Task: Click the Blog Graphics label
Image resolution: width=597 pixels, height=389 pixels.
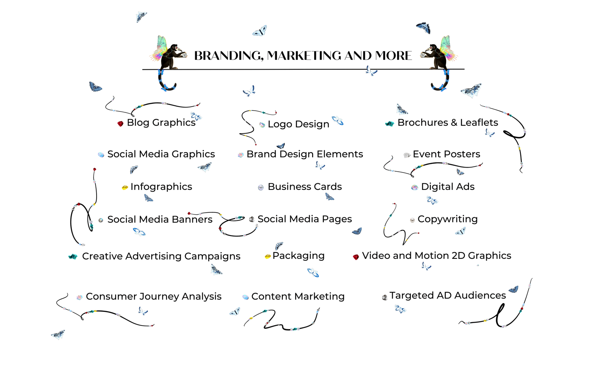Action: [x=161, y=123]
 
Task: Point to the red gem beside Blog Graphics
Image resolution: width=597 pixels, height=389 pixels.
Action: [x=120, y=124]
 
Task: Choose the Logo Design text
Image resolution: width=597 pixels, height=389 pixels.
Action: [x=298, y=124]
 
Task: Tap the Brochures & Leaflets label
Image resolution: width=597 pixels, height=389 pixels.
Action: [x=448, y=123]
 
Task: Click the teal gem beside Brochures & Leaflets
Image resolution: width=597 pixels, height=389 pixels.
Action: [x=389, y=124]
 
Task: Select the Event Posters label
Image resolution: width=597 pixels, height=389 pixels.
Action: [x=447, y=154]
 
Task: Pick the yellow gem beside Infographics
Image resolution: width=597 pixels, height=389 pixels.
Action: [x=125, y=187]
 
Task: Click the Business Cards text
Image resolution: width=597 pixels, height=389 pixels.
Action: [x=305, y=187]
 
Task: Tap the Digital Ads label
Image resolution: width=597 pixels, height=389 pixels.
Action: [x=448, y=187]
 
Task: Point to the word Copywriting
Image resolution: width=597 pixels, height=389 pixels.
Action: [x=448, y=219]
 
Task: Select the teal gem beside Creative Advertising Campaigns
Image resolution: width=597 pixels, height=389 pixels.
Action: [x=73, y=257]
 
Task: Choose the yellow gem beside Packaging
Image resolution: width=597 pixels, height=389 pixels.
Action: [x=268, y=256]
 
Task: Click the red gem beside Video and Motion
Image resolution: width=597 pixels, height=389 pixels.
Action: [x=356, y=257]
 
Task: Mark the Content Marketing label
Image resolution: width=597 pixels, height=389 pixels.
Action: [x=298, y=297]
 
